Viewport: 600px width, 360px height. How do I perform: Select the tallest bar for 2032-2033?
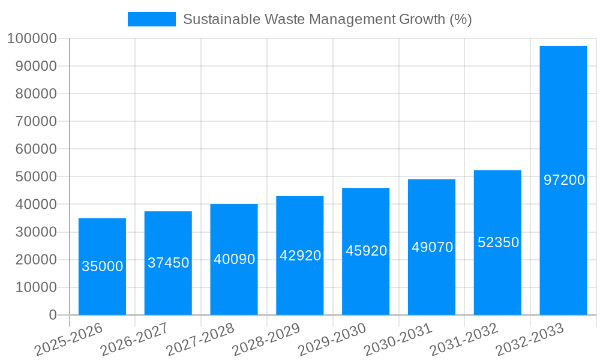click(x=563, y=120)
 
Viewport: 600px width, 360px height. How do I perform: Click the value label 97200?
click(x=564, y=179)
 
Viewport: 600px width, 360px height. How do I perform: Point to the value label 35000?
click(x=102, y=266)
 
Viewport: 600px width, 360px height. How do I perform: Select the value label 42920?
click(x=300, y=256)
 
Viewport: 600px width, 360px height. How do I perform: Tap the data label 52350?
click(x=498, y=242)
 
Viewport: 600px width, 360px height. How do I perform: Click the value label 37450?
click(x=168, y=263)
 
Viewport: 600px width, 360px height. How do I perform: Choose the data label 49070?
click(x=432, y=247)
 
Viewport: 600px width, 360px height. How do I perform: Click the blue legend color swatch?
click(x=152, y=19)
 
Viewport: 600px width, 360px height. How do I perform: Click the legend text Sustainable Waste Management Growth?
click(x=327, y=19)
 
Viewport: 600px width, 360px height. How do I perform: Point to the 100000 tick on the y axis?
click(x=32, y=39)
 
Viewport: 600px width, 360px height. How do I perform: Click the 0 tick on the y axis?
click(x=53, y=315)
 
